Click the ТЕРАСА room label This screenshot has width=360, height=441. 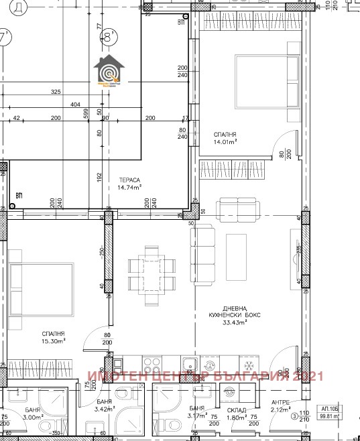coord(130,180)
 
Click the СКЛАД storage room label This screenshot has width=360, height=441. coord(237,410)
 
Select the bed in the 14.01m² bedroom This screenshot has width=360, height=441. coord(266,81)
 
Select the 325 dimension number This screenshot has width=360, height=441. coord(56,92)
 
